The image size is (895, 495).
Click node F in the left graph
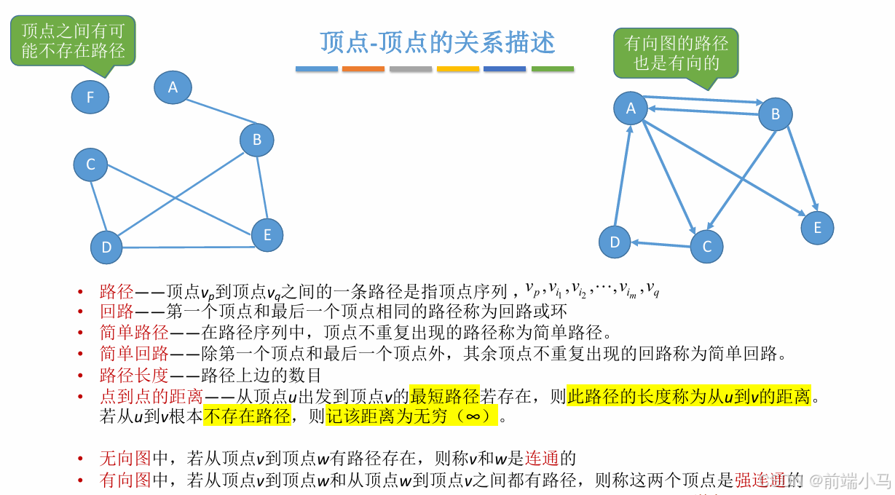(x=90, y=97)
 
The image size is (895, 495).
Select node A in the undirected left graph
(x=173, y=87)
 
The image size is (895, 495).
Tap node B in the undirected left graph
(x=256, y=140)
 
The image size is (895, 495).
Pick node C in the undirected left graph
(x=90, y=165)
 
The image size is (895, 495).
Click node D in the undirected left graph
(x=107, y=247)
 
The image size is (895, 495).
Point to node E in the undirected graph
(x=267, y=235)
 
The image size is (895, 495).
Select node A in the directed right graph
(x=631, y=108)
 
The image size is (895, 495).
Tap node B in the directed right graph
(x=775, y=114)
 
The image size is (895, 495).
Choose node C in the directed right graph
(x=706, y=247)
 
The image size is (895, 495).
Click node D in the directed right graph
(x=615, y=242)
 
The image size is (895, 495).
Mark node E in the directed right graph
(x=817, y=228)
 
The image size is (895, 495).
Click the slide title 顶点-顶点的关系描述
(x=437, y=42)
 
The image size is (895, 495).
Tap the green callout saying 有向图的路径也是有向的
(x=676, y=52)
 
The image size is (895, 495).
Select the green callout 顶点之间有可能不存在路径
(x=73, y=40)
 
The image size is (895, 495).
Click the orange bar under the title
(x=363, y=69)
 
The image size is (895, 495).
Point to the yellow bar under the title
(x=457, y=69)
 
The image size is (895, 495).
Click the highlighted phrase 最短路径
(x=444, y=397)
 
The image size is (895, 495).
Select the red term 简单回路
(x=134, y=354)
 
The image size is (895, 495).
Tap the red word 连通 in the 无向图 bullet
(x=541, y=459)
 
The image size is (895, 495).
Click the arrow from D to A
(x=623, y=175)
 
